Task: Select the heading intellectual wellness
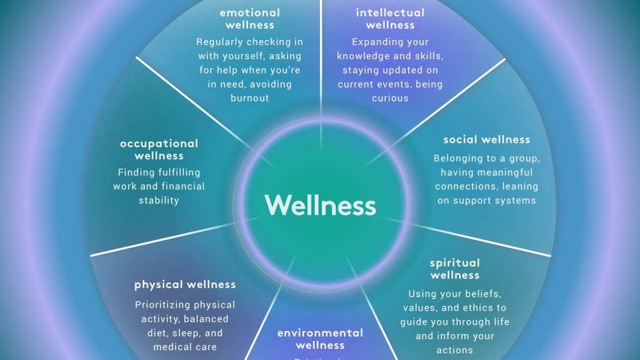390,19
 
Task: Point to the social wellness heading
486,140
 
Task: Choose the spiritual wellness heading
455,269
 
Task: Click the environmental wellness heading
320,339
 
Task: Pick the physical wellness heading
185,285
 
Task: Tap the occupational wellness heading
159,149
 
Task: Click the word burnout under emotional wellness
250,98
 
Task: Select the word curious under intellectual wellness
390,98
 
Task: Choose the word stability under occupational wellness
159,201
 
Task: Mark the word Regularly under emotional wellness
219,42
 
